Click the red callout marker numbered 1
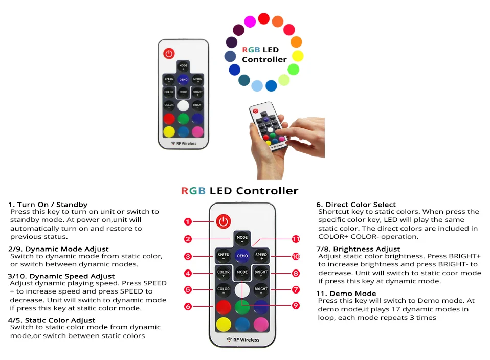click(x=188, y=221)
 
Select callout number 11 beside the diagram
click(x=296, y=239)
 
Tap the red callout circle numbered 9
click(x=296, y=305)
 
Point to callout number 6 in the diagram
click(x=188, y=306)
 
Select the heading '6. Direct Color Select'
click(x=356, y=205)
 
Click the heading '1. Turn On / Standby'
click(x=48, y=205)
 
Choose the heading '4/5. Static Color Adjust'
click(x=52, y=320)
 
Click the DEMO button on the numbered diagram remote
click(x=242, y=255)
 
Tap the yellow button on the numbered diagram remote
click(x=224, y=324)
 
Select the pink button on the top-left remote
click(x=197, y=131)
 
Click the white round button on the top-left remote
click(x=183, y=106)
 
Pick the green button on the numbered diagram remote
click(x=242, y=307)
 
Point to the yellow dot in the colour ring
click(x=298, y=56)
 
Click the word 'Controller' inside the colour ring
click(x=264, y=59)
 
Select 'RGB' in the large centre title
click(x=193, y=191)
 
